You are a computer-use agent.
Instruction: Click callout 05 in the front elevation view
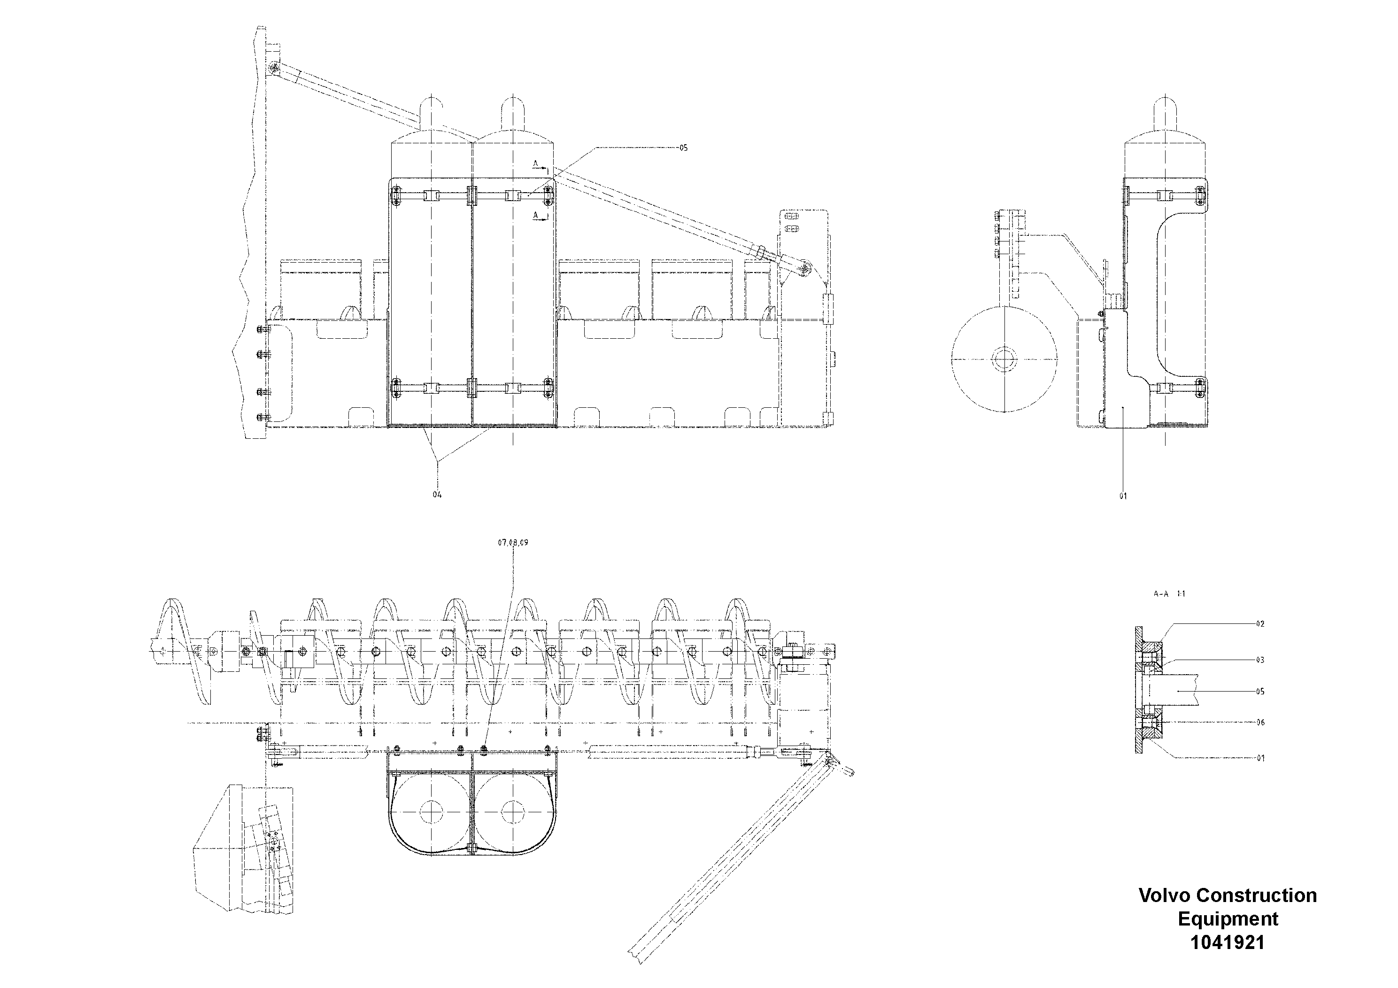click(683, 148)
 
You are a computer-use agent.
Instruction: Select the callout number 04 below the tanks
click(437, 494)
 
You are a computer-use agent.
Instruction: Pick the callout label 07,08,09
click(513, 542)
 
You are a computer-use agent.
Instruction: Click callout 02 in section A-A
click(1260, 624)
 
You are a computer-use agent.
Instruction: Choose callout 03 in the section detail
click(1260, 660)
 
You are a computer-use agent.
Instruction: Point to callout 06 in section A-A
click(1260, 723)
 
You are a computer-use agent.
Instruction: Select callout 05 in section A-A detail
click(1260, 692)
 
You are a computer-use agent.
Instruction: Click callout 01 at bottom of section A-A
click(1260, 758)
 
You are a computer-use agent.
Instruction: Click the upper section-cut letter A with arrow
click(536, 163)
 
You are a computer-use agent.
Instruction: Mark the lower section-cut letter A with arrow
click(536, 215)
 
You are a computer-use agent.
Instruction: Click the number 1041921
click(1228, 942)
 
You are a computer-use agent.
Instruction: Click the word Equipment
click(1228, 918)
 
